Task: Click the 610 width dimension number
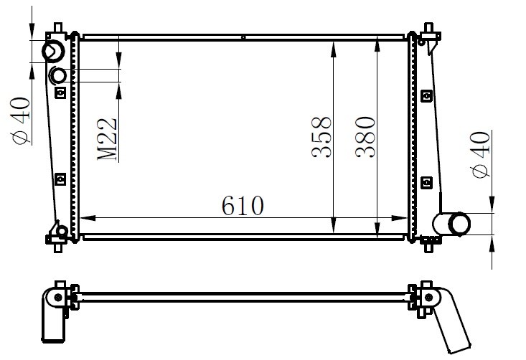pos(243,205)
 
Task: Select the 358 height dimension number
pos(321,137)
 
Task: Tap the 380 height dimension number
pos(365,137)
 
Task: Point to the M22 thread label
pos(108,139)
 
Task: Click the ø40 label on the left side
pos(21,121)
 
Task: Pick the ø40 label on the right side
pos(480,154)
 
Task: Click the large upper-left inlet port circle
pos(53,51)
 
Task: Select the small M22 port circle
pos(58,76)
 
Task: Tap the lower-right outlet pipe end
pos(459,224)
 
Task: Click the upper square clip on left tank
pos(60,93)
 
